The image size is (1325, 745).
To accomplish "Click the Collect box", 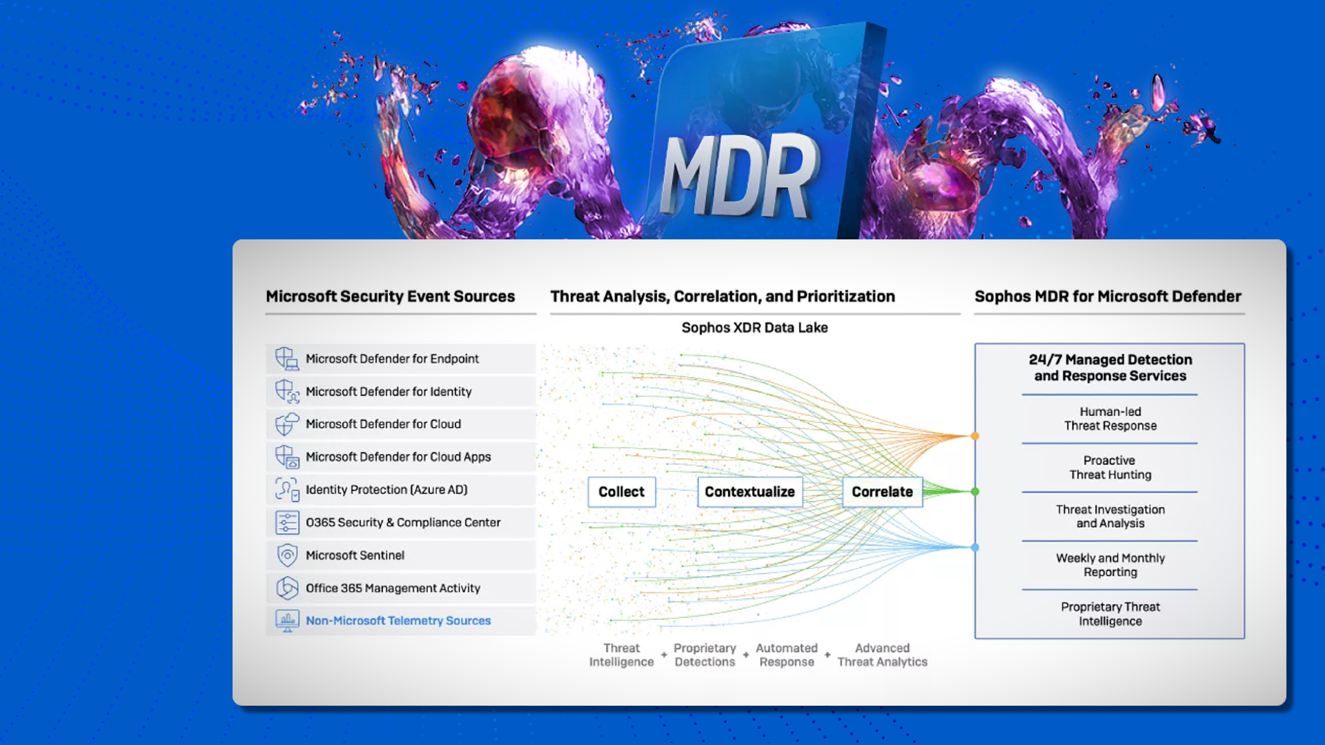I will [x=621, y=492].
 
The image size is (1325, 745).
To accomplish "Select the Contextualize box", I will [x=749, y=492].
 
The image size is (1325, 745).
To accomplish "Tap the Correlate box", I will [x=882, y=492].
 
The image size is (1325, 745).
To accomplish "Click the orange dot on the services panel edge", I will [x=974, y=436].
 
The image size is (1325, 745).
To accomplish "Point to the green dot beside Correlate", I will [x=974, y=492].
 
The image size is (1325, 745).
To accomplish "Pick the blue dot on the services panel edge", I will [x=974, y=548].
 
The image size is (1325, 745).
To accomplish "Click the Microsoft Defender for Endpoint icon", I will [x=286, y=359].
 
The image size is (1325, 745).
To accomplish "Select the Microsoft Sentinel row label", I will [x=355, y=555].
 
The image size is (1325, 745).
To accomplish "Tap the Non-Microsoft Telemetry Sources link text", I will [x=398, y=621].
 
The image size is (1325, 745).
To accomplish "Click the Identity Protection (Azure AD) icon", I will [x=286, y=490].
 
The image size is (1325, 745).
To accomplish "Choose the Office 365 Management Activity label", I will [x=393, y=588].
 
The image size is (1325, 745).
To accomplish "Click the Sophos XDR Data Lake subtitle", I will [x=754, y=328].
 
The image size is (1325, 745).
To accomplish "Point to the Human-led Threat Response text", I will [x=1110, y=419].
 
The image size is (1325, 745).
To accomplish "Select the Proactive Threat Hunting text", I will [x=1110, y=468].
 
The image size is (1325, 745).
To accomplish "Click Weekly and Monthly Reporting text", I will [x=1110, y=565].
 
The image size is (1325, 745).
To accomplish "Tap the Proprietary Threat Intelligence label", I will [x=1110, y=614].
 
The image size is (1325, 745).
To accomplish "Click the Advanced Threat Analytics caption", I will [x=882, y=655].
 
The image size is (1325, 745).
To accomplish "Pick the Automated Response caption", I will [x=786, y=655].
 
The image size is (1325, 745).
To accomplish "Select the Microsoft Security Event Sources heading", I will [x=390, y=297].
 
